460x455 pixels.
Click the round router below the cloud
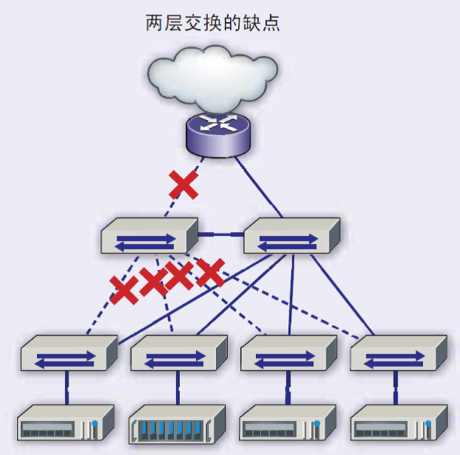218,134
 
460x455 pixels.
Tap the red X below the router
184,185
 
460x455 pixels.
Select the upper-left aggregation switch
150,236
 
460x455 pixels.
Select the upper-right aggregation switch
292,236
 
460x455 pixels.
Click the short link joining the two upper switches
221,235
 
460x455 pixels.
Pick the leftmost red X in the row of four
124,290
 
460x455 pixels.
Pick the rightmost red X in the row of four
211,273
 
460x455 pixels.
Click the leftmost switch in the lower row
69,352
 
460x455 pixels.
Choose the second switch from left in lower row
179,352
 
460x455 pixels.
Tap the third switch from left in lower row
289,352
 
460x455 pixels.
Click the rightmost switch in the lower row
398,352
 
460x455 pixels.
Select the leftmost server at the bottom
66,423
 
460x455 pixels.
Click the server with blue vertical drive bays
177,424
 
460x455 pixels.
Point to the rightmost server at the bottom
399,423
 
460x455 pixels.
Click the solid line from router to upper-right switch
259,187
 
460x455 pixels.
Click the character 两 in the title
154,23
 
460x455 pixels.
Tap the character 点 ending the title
271,23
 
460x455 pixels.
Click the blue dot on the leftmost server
95,423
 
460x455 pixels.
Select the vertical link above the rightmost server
396,388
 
